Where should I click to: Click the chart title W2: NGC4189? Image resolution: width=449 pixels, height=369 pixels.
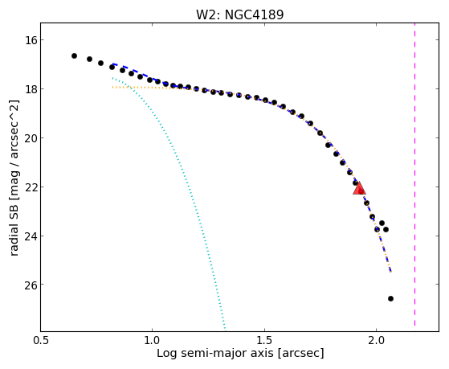click(239, 14)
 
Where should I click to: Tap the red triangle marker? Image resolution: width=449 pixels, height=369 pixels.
click(359, 188)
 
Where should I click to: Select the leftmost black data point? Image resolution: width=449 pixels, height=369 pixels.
click(74, 55)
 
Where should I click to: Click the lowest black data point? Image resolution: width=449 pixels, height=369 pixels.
click(390, 298)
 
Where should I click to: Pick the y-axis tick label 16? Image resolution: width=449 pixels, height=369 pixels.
click(31, 40)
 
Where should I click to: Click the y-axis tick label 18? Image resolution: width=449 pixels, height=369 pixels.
click(31, 89)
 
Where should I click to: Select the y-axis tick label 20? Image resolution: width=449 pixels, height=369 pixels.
click(31, 138)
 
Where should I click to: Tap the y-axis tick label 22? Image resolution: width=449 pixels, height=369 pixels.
click(31, 187)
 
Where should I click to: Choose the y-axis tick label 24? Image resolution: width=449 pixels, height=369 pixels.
click(31, 236)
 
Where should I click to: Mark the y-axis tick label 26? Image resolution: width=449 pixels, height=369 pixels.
click(31, 285)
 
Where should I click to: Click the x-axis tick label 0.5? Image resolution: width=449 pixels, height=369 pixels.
click(41, 340)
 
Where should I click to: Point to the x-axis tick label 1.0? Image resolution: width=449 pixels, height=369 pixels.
click(152, 340)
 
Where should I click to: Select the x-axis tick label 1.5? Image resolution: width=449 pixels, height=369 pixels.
click(264, 340)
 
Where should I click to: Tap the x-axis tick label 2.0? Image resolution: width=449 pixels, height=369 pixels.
click(377, 340)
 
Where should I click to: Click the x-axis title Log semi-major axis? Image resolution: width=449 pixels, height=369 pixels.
click(215, 353)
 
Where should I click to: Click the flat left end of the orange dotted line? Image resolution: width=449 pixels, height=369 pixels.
click(112, 87)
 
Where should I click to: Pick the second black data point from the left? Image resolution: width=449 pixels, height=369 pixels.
click(89, 59)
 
